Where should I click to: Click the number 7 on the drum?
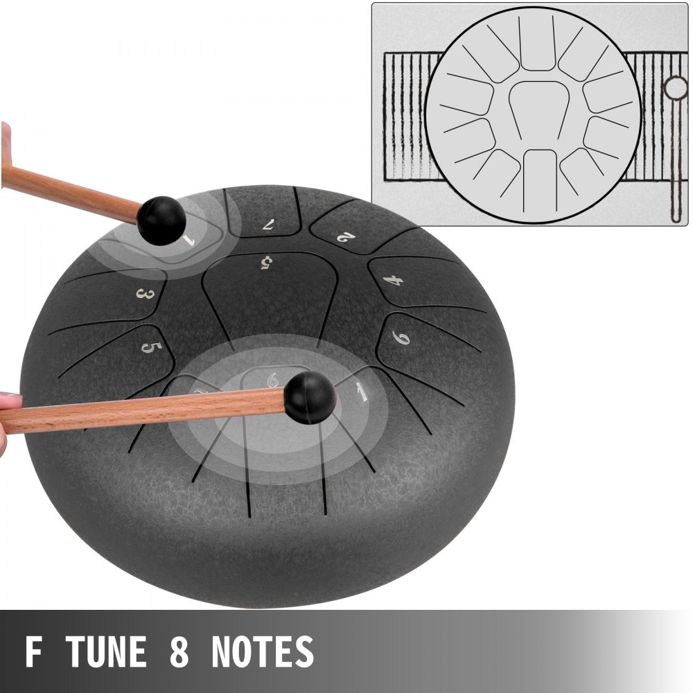point(267,225)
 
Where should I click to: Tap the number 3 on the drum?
point(145,294)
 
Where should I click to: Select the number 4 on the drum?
point(393,280)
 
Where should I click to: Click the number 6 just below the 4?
point(401,337)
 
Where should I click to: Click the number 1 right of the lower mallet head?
point(362,392)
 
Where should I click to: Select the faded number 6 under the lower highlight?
point(272,380)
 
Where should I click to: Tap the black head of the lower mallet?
point(310,396)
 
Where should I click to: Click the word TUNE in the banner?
point(107,651)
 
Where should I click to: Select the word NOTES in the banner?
point(263,651)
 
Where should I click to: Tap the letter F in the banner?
point(34,651)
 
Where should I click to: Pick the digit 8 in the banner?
point(179,651)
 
